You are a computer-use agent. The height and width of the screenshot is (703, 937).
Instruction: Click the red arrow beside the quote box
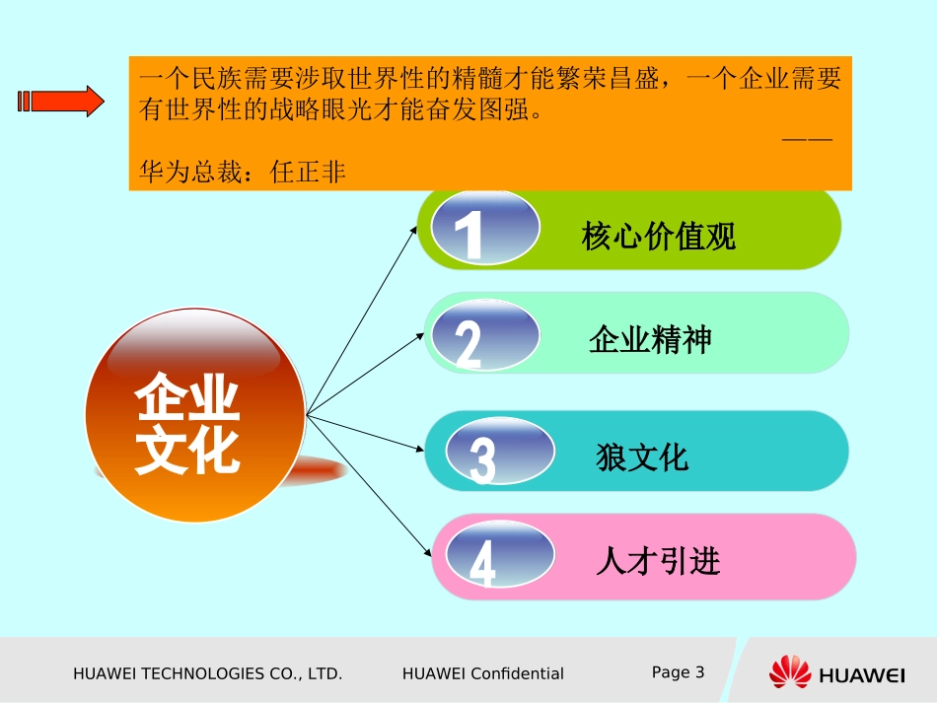(x=60, y=101)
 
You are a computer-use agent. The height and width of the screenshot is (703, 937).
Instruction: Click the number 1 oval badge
(x=486, y=229)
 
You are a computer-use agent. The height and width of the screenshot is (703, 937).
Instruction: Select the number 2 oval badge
(x=486, y=335)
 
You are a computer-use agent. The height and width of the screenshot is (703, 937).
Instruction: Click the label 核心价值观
(x=659, y=237)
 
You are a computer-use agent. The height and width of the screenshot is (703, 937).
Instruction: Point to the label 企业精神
(x=650, y=340)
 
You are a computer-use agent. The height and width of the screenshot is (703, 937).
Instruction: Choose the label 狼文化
(x=642, y=457)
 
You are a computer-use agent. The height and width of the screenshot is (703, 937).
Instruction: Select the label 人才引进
(x=658, y=561)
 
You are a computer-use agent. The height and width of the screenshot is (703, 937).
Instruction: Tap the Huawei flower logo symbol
(x=790, y=672)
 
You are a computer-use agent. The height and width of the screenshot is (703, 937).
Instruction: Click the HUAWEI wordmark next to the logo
(x=862, y=675)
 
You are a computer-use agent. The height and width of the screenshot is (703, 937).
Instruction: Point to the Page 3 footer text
(x=679, y=672)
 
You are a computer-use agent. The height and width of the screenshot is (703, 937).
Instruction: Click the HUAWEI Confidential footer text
(x=483, y=674)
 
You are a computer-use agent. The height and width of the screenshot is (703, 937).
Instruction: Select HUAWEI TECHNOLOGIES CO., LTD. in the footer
(x=208, y=674)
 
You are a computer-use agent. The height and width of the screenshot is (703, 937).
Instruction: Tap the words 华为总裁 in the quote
(x=194, y=173)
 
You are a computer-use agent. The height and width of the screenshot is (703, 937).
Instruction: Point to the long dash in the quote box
(x=808, y=139)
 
